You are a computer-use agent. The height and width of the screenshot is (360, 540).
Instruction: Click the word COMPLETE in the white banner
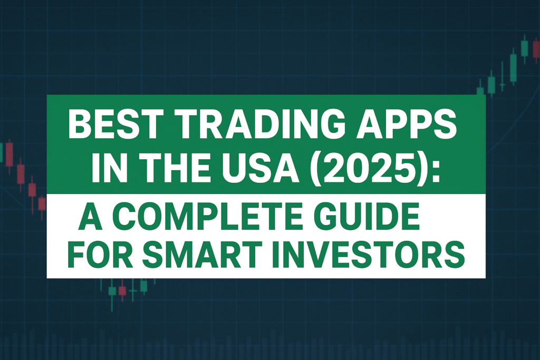pyautogui.click(x=207, y=216)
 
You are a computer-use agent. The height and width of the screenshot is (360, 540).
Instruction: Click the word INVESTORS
pyautogui.click(x=368, y=255)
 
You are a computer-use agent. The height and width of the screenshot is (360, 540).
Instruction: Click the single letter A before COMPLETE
pyautogui.click(x=90, y=216)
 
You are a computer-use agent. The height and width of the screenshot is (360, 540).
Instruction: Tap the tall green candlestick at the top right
pyautogui.click(x=513, y=68)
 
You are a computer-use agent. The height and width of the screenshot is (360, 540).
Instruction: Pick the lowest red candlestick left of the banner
pyautogui.click(x=42, y=203)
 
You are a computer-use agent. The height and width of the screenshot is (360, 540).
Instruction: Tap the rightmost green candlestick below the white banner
pyautogui.click(x=143, y=286)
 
